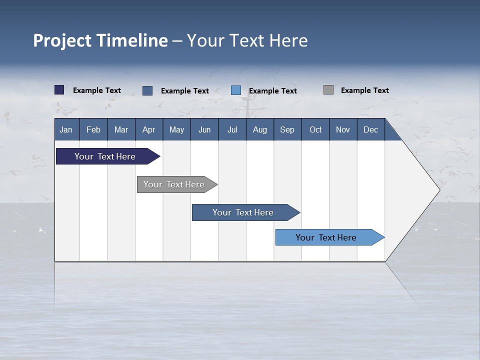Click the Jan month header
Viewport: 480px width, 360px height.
pos(66,129)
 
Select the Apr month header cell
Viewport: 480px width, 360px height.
pos(148,129)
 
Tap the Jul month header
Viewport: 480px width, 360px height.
pos(232,129)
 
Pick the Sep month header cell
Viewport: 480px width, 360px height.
pos(287,129)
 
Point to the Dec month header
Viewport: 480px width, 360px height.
pos(370,129)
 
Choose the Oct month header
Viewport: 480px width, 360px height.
pos(315,129)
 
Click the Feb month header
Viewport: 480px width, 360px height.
pos(93,129)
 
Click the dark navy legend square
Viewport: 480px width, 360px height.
pos(59,90)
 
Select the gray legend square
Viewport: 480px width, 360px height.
pos(328,90)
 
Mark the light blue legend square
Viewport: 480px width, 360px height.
pos(236,90)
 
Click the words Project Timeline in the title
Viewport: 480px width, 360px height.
pos(100,40)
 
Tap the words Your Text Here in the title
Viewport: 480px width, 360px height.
pos(247,40)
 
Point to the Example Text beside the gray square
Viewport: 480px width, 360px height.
pos(364,90)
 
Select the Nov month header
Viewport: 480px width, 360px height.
pos(342,129)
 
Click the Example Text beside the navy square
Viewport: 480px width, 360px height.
pos(96,90)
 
